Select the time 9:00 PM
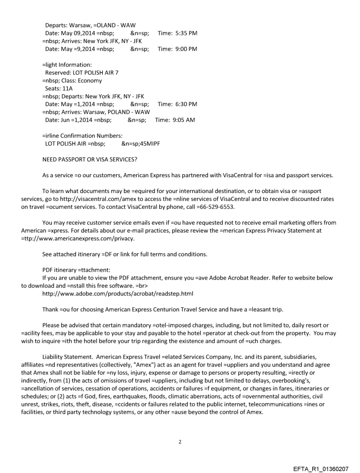pos(185,48)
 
